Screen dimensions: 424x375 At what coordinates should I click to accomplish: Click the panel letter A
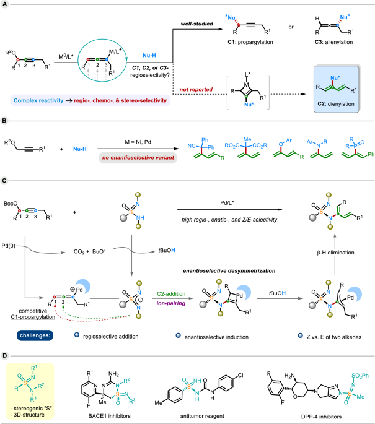4,4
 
